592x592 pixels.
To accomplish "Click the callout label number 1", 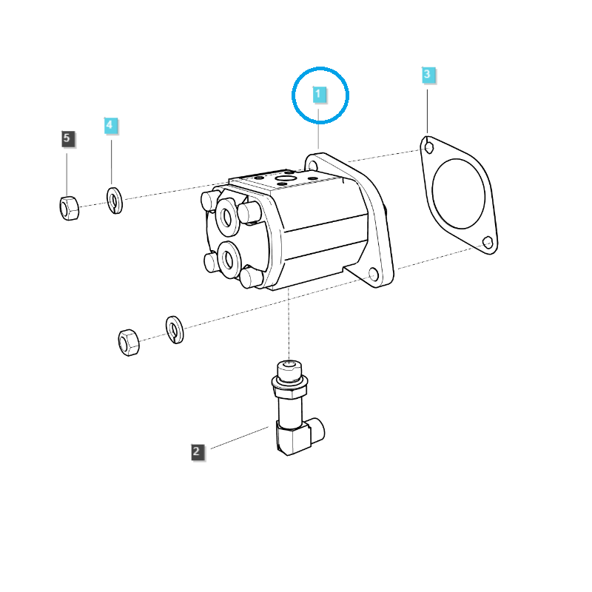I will point(318,95).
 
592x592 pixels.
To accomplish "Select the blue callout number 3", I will point(428,75).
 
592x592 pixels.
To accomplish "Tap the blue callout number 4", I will point(110,125).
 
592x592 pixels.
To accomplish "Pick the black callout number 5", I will point(67,138).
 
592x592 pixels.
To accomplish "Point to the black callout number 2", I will point(197,451).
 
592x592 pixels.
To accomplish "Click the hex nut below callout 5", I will point(68,208).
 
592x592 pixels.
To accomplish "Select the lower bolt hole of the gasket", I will point(487,242).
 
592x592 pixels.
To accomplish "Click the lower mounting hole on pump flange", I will point(374,276).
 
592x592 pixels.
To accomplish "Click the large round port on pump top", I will point(285,179).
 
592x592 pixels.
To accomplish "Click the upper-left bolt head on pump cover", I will point(209,200).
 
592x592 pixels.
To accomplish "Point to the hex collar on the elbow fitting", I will point(289,382).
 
